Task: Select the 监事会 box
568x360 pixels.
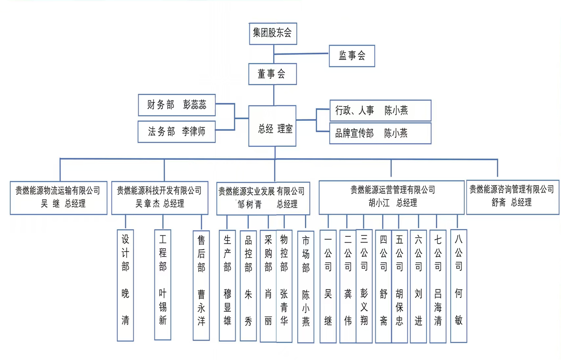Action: point(352,56)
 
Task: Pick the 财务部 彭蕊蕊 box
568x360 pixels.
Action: point(176,105)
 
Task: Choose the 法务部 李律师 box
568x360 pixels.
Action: point(176,132)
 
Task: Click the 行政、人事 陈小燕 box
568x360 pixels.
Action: point(380,111)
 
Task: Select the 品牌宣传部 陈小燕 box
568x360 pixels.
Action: point(380,133)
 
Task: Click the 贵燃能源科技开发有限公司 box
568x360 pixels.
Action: point(160,197)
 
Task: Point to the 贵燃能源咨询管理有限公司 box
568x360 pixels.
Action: point(512,196)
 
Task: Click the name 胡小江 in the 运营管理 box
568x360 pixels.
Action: point(371,203)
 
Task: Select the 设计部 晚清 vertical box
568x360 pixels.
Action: point(125,285)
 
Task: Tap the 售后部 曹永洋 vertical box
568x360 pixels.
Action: point(201,285)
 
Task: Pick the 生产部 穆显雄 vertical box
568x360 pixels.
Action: point(227,285)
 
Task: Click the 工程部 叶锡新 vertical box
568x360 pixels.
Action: point(162,285)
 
